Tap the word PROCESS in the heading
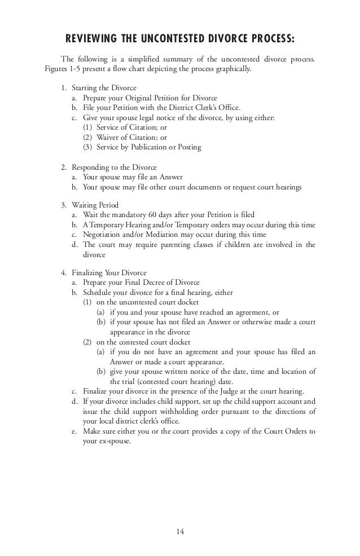(266, 39)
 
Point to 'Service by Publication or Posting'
(149, 147)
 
